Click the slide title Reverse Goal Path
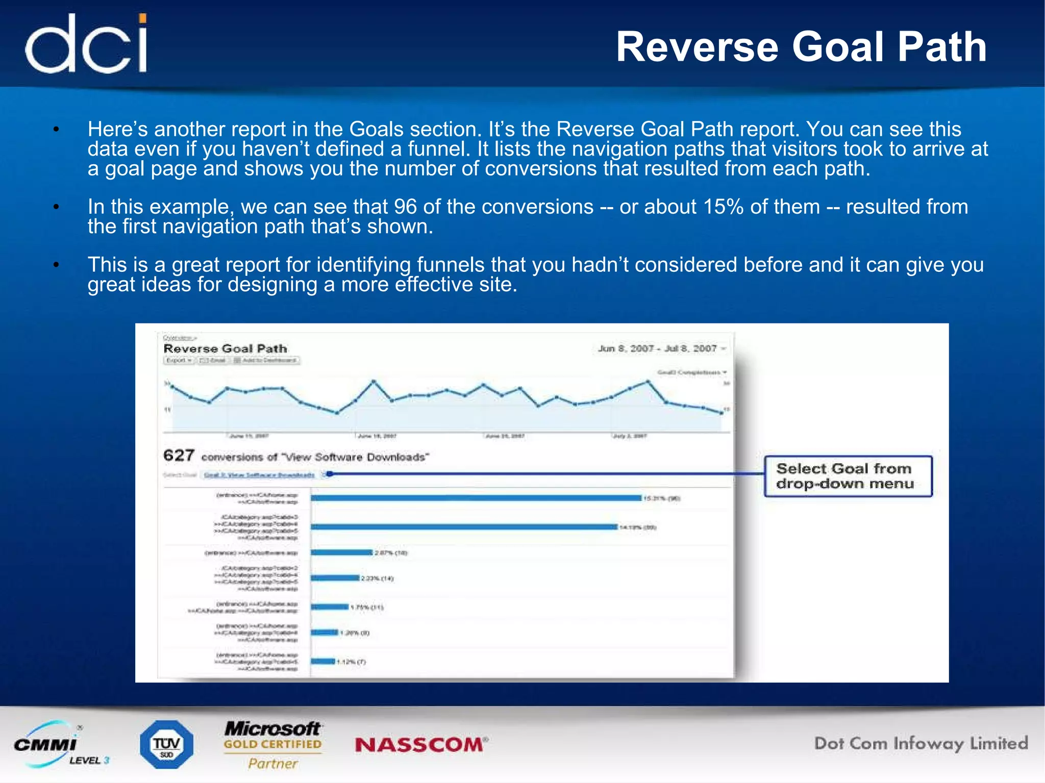coord(801,47)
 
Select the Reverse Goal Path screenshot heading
coord(225,349)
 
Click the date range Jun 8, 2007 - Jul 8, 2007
coord(658,348)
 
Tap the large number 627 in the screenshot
coord(179,455)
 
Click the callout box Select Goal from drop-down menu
coord(848,476)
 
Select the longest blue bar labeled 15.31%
coord(476,498)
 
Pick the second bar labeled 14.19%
coord(464,527)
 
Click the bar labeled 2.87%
coord(341,552)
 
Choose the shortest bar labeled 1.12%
coord(322,662)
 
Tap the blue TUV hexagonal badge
coord(167,745)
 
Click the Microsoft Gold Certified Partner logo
coord(273,745)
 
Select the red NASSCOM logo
coord(421,745)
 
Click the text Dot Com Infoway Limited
coord(920,744)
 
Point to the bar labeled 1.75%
coord(330,607)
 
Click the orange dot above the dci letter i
coord(143,19)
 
